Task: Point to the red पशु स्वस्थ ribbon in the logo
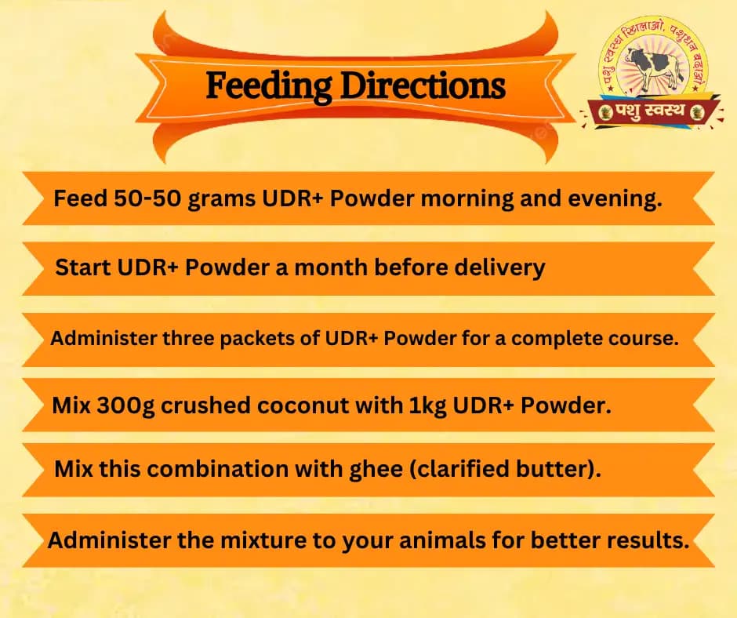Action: [651, 112]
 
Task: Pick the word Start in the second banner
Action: [83, 268]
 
